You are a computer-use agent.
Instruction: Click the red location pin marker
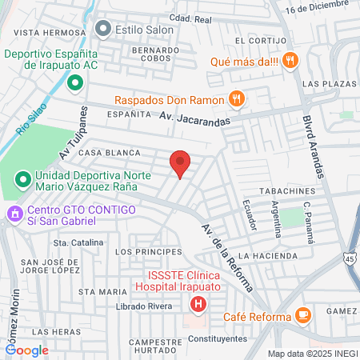pyautogui.click(x=181, y=163)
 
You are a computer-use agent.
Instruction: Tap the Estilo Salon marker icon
pyautogui.click(x=102, y=29)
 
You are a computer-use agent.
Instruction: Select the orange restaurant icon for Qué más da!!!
pyautogui.click(x=290, y=59)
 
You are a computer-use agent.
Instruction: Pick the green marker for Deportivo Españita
pyautogui.click(x=74, y=82)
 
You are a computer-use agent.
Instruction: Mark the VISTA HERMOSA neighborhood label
pyautogui.click(x=38, y=32)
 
